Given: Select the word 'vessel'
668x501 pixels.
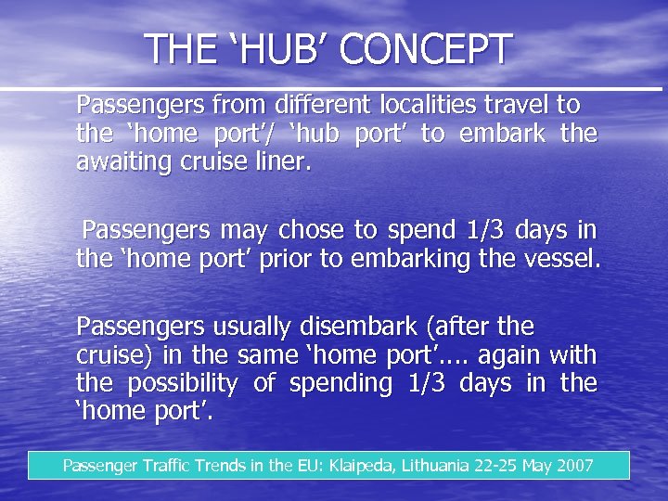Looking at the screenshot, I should (x=562, y=258).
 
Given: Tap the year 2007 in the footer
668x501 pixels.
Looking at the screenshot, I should (x=574, y=465).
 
